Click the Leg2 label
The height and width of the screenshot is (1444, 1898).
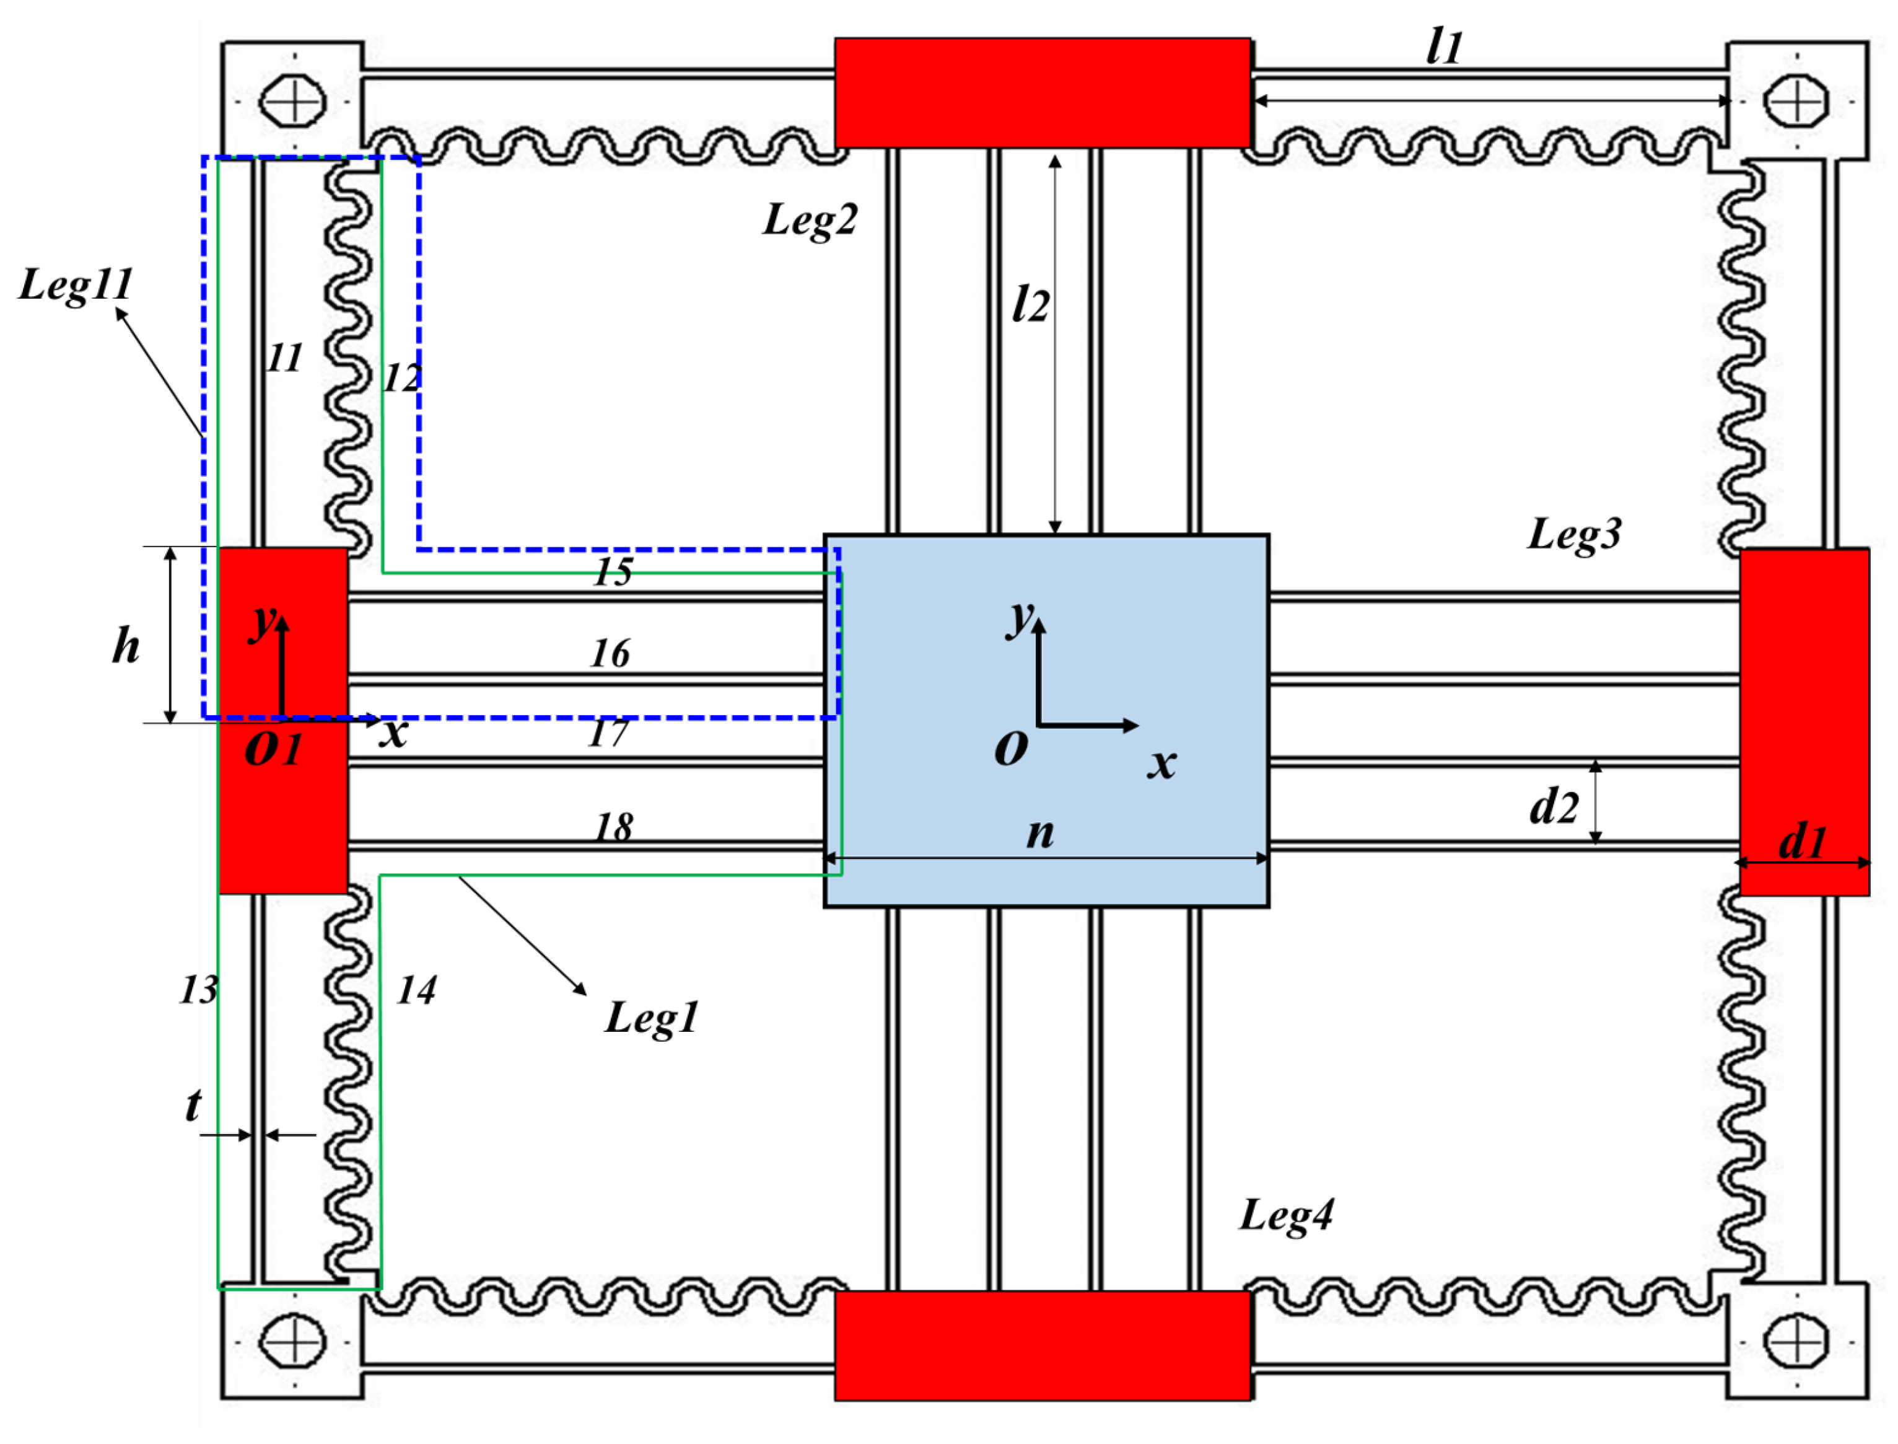tap(810, 221)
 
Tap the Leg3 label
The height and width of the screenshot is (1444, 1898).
tap(1574, 535)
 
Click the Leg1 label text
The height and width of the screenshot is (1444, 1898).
tap(651, 1018)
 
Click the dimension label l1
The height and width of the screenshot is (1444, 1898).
tap(1443, 47)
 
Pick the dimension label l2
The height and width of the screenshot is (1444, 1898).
tap(1030, 305)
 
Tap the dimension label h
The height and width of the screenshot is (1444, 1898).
tap(126, 646)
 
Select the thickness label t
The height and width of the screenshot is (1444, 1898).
tap(193, 1106)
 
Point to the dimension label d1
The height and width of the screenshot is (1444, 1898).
tap(1802, 842)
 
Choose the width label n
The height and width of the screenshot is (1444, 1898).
tap(1039, 833)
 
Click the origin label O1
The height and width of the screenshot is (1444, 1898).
tap(273, 749)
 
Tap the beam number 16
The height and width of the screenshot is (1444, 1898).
tap(610, 654)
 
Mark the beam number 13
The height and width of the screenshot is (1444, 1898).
tap(198, 990)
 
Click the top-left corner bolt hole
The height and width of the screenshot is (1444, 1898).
tap(293, 102)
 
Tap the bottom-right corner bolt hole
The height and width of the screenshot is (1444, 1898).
tap(1796, 1342)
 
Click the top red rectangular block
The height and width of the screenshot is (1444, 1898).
tap(1042, 93)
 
